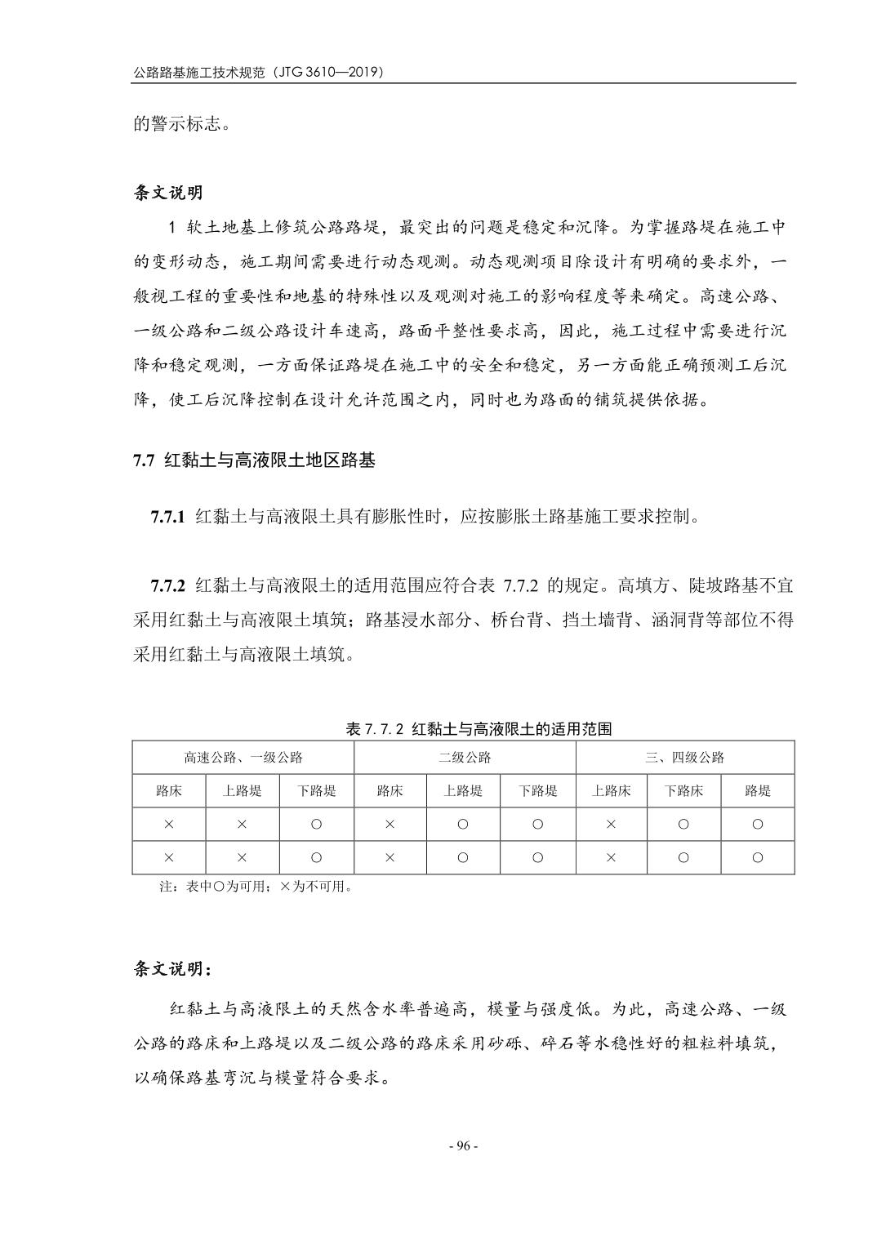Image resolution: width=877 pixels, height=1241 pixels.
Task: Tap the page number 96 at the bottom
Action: coord(464,1145)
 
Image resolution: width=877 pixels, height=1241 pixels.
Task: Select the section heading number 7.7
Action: coord(144,460)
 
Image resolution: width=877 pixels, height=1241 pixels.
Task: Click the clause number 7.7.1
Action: coord(168,516)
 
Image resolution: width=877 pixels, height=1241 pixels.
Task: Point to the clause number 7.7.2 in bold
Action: coord(168,585)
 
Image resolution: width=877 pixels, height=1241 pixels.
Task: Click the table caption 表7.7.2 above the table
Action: coord(375,728)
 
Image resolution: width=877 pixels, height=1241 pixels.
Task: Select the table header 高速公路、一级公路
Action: coord(243,757)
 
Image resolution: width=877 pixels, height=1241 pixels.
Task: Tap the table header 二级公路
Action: coord(464,757)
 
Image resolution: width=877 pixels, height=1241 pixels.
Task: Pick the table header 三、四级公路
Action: coord(684,757)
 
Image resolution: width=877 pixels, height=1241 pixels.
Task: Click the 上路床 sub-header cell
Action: coord(611,790)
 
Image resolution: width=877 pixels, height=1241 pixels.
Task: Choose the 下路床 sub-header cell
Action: coord(683,790)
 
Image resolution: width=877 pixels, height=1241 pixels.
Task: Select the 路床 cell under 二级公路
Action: coord(390,790)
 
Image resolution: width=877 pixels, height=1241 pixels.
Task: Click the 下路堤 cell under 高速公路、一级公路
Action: coord(316,790)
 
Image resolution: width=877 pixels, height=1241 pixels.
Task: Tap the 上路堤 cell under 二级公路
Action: coord(463,790)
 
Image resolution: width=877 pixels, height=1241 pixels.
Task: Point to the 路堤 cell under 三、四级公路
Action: coord(757,790)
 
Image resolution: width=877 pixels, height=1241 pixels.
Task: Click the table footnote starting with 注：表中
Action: coord(256,886)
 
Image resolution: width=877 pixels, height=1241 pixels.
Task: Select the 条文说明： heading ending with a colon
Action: coord(172,969)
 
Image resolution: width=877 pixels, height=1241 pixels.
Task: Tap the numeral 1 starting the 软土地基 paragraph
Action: coord(171,227)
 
